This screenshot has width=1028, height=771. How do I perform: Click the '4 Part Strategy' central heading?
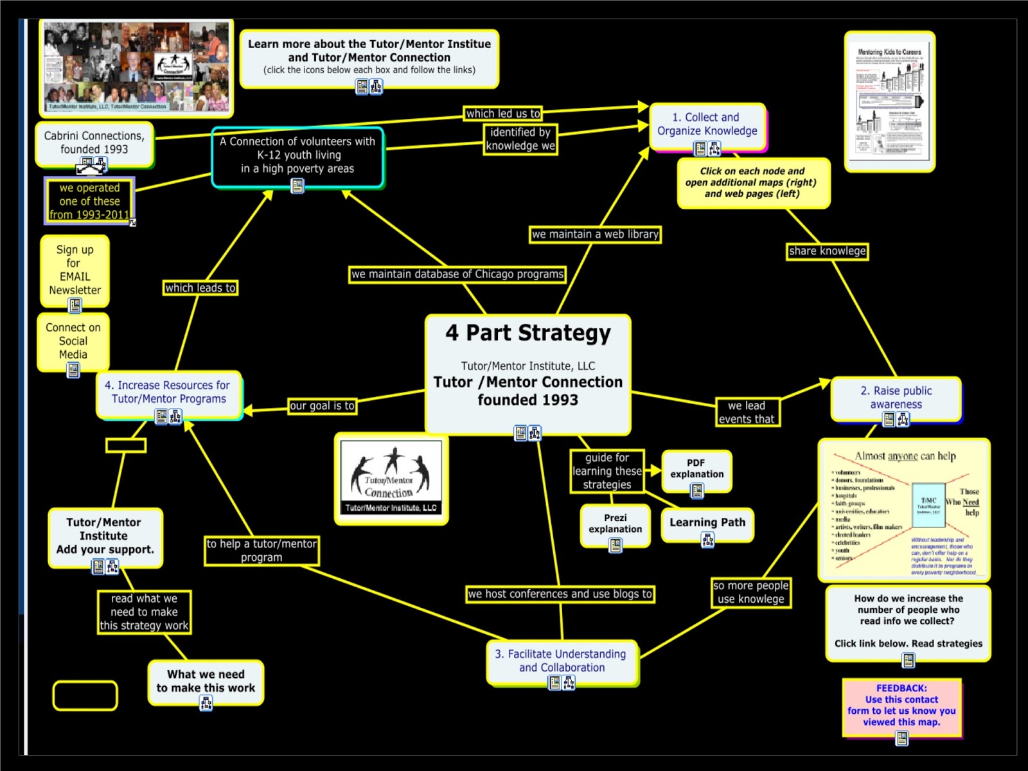(x=528, y=333)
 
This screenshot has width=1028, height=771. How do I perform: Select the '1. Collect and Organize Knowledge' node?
(x=707, y=125)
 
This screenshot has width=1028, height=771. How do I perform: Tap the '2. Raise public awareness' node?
(x=896, y=397)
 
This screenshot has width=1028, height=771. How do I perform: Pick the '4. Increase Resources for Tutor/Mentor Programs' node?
(x=168, y=392)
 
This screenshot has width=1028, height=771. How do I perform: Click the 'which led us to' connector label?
(x=503, y=114)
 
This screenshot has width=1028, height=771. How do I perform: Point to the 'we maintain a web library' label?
(x=595, y=235)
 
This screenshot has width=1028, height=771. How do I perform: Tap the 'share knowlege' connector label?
(x=827, y=251)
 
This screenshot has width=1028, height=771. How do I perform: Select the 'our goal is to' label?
(x=322, y=406)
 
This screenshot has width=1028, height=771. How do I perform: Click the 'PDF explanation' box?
(x=696, y=468)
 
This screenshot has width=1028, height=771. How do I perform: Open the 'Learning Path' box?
(x=707, y=522)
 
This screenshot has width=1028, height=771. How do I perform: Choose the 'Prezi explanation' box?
(x=615, y=524)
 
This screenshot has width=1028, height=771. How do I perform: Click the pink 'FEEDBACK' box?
(x=901, y=705)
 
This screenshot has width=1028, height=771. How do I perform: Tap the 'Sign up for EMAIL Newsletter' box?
(x=75, y=270)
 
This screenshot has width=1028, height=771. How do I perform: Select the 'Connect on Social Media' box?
(x=73, y=341)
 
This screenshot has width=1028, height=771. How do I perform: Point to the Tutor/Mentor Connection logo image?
(x=391, y=477)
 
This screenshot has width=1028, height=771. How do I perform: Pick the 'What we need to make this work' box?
(x=206, y=681)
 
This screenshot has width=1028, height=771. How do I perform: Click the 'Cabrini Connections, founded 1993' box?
(x=94, y=143)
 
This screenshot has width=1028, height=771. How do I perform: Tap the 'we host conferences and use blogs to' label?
(x=560, y=594)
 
